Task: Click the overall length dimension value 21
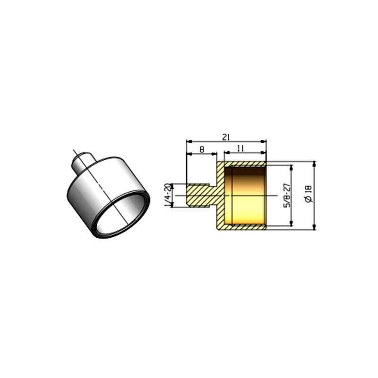[x=226, y=137]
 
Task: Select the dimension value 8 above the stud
[x=202, y=149]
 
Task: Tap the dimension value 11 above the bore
[x=241, y=148]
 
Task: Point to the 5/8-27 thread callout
[x=287, y=195]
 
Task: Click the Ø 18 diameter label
[x=309, y=194]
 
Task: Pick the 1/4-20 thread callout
[x=169, y=195]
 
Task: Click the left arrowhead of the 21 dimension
[x=189, y=141]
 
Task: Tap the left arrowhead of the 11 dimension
[x=227, y=152]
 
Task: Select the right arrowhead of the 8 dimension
[x=214, y=154]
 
